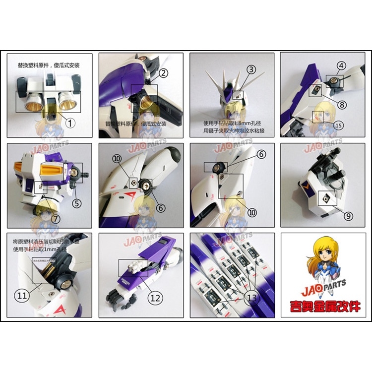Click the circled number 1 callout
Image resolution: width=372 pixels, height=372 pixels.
tap(70, 122)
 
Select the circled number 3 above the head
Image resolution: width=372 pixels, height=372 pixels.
tap(251, 69)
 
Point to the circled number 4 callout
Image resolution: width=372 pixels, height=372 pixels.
tap(341, 65)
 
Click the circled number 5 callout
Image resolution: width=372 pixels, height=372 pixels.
tap(76, 202)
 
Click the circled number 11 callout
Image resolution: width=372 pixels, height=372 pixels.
tap(22, 296)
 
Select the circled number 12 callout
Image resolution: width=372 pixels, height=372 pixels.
tap(155, 298)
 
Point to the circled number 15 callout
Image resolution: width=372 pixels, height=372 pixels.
tap(338, 125)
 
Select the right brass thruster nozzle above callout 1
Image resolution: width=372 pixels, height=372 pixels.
tap(66, 102)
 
